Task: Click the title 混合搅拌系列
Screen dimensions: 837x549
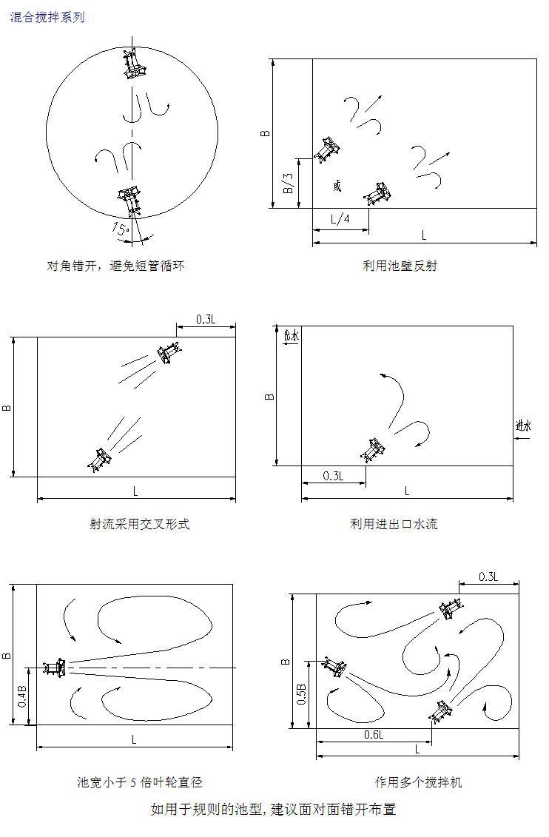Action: tap(47, 17)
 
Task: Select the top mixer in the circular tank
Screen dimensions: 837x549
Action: tap(134, 64)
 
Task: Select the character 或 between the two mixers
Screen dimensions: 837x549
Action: tap(338, 186)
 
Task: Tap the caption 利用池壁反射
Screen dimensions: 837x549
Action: tap(400, 266)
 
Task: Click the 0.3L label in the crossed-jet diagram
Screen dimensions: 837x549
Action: tap(206, 320)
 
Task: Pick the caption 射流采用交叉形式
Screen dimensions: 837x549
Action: tap(139, 524)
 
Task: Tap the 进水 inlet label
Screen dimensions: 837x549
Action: tap(523, 426)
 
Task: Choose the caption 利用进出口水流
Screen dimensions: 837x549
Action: tap(394, 524)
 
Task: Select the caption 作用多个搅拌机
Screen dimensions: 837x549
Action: tap(418, 782)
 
